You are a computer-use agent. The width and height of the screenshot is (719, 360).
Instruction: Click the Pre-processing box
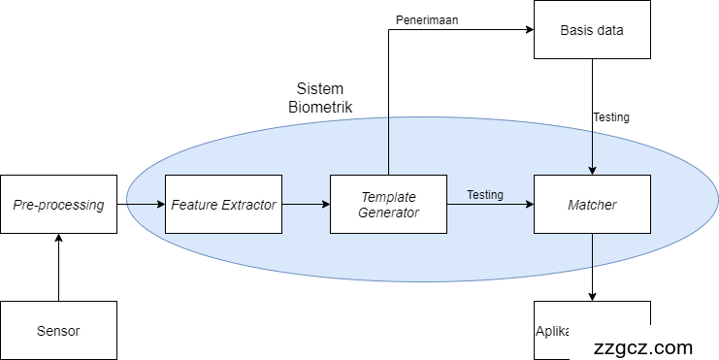tap(58, 205)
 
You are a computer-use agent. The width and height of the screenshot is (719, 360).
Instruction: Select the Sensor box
tap(58, 331)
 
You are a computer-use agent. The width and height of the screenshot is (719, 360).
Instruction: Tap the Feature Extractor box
tap(223, 205)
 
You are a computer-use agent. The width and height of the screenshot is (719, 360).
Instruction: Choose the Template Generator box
tap(388, 205)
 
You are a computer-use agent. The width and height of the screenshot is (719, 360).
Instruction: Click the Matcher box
tap(592, 205)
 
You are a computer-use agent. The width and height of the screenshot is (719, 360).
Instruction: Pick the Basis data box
tap(592, 29)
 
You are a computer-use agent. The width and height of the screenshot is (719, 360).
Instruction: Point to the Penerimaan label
tap(426, 19)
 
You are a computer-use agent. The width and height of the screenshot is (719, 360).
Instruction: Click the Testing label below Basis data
tap(610, 117)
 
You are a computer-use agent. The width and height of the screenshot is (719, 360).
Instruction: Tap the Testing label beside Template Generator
tap(484, 194)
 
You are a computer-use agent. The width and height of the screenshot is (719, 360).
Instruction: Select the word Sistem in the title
tap(320, 88)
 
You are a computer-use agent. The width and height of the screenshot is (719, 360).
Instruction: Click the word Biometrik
tap(320, 107)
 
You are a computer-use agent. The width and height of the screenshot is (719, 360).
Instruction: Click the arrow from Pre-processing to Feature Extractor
tap(141, 205)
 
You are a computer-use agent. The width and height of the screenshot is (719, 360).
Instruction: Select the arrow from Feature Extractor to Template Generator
tap(306, 205)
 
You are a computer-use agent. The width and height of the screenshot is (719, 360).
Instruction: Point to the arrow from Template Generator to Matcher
tap(490, 206)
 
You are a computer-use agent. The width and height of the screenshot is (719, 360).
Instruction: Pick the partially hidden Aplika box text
tap(552, 331)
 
